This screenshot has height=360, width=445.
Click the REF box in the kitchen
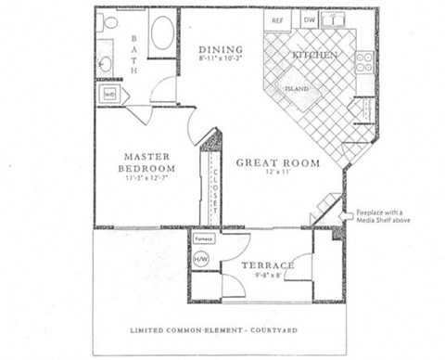276,19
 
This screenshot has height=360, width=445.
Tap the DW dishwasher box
309,19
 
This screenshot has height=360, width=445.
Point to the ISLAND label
296,89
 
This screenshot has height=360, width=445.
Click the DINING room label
220,49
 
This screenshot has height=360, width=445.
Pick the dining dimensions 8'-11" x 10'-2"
219,59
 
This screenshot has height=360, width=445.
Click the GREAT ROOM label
277,163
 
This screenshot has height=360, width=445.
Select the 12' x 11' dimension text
277,174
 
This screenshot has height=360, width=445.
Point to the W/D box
108,95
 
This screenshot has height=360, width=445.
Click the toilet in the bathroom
110,22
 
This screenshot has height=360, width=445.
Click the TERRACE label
268,266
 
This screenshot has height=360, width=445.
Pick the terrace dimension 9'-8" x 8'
268,276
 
